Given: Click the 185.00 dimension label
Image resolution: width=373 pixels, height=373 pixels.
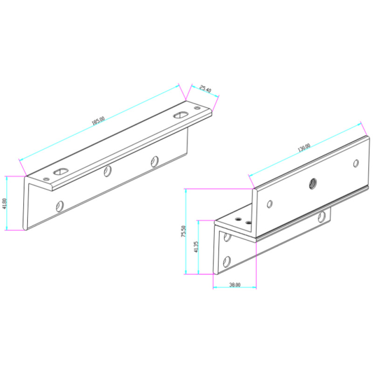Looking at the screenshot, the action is click(x=98, y=121).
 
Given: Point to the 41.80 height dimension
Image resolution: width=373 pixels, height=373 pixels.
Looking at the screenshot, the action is click(x=4, y=204).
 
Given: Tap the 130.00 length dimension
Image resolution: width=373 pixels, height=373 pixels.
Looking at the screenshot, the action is click(x=304, y=148).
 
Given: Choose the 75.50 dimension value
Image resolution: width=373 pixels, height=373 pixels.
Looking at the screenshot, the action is click(x=183, y=231).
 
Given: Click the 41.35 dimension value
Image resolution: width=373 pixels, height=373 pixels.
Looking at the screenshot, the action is click(x=196, y=247).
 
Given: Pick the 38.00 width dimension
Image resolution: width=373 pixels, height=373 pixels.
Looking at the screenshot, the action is click(x=235, y=285).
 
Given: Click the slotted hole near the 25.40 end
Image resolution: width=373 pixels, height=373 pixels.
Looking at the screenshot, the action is click(x=181, y=115).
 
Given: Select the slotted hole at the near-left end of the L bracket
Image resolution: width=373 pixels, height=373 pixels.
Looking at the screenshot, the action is click(x=61, y=171).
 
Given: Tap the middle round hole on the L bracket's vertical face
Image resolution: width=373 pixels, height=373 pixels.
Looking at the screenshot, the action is click(x=108, y=171).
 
